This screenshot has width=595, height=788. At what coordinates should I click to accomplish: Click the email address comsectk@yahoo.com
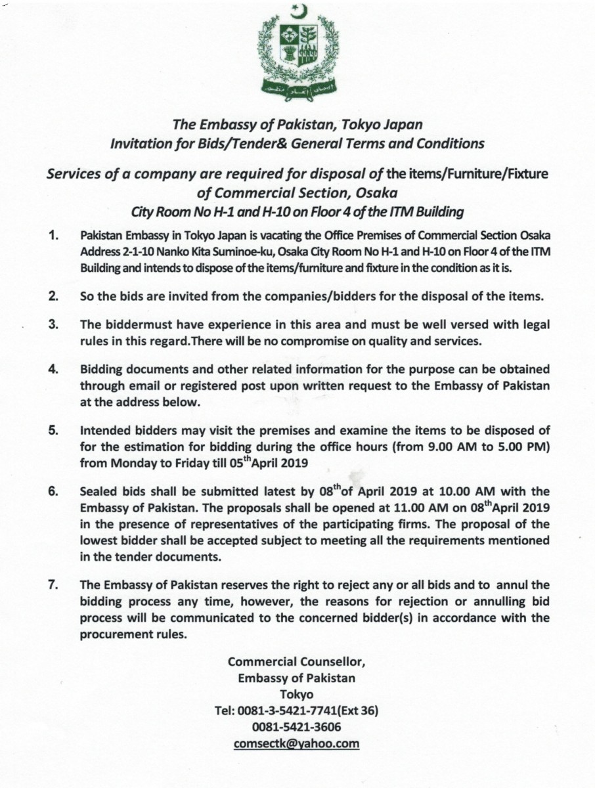(x=297, y=743)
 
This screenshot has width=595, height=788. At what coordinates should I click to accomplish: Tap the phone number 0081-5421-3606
(x=297, y=727)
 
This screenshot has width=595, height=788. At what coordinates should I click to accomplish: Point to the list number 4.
(x=55, y=369)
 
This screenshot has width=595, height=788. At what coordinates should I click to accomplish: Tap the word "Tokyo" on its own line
(x=297, y=694)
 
